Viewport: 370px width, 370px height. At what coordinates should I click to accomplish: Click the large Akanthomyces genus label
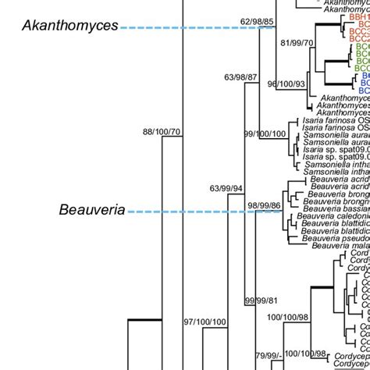69,26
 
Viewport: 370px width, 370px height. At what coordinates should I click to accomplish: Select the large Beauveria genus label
91,210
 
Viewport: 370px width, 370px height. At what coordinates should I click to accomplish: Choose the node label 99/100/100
268,156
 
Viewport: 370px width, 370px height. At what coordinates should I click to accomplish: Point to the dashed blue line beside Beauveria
205,212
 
